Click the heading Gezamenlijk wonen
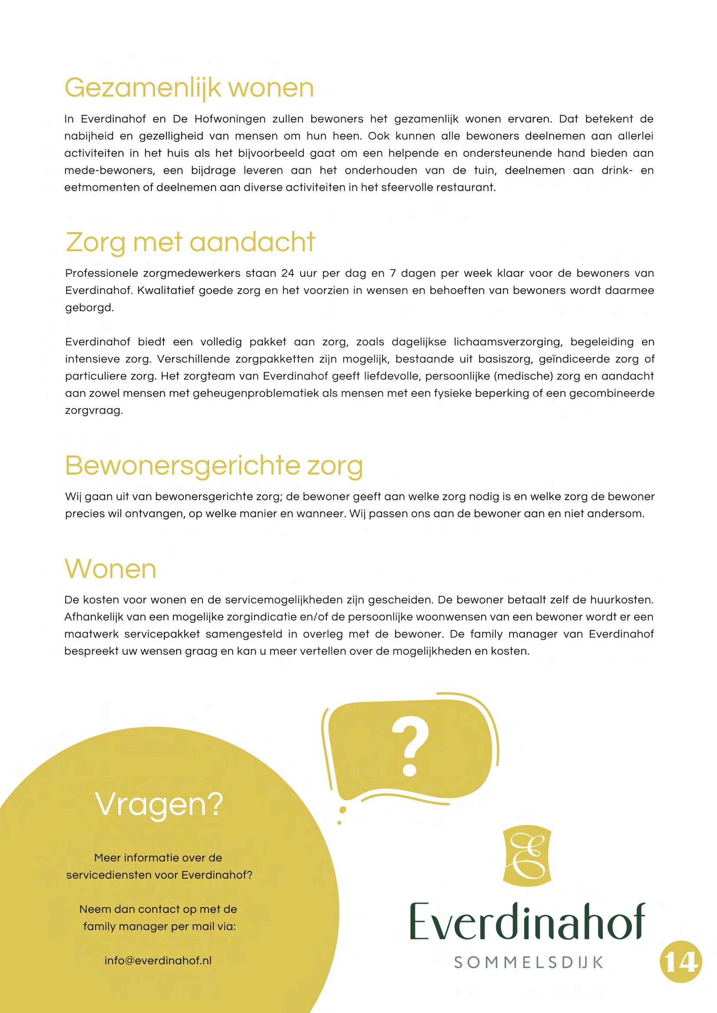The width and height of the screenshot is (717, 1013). coord(189,88)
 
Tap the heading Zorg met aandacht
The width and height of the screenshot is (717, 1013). coord(191,243)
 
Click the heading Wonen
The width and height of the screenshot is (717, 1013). coord(111,569)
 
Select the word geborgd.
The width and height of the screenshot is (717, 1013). coord(89,308)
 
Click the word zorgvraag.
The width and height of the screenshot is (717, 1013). coord(94,411)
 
